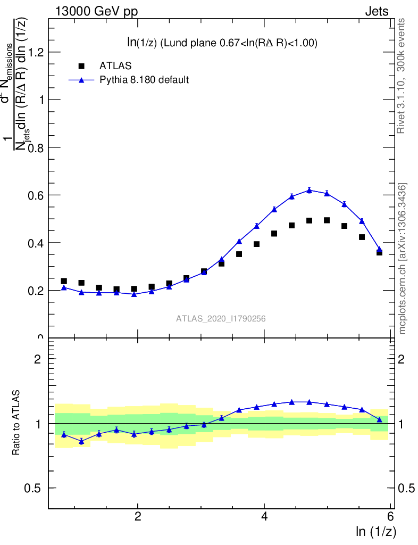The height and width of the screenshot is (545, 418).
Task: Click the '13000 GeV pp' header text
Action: (96, 12)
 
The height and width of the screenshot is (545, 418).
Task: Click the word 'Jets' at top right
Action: (377, 12)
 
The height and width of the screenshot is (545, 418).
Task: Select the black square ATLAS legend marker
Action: (81, 66)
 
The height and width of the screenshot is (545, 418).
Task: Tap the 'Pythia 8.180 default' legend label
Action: (144, 80)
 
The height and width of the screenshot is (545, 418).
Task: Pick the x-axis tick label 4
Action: (264, 517)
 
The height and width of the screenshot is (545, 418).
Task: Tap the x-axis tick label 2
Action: (138, 517)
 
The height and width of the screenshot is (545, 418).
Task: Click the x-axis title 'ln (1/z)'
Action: (376, 531)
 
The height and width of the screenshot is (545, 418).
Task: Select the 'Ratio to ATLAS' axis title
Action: (16, 423)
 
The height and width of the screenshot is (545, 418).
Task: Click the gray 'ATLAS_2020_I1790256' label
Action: (221, 319)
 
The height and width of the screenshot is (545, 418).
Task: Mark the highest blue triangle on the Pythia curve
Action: (309, 190)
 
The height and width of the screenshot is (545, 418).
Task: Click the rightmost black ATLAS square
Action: (379, 252)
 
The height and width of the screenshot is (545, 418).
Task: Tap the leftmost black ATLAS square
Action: (64, 281)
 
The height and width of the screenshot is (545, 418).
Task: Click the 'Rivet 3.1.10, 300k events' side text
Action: (402, 77)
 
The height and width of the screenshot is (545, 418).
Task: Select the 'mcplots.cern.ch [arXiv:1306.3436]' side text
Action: (403, 259)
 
